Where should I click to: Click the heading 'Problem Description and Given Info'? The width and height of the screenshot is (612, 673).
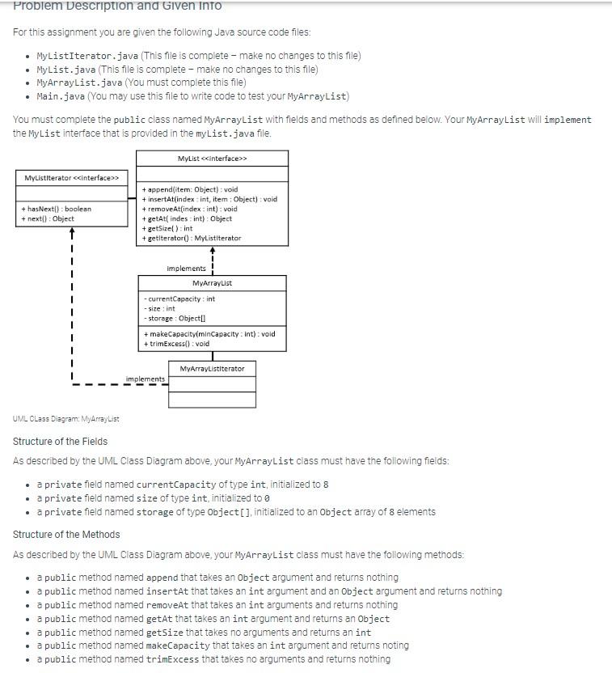point(117,6)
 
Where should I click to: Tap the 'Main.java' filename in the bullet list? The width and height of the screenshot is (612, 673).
point(61,96)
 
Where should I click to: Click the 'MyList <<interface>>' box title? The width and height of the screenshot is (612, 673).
point(213,158)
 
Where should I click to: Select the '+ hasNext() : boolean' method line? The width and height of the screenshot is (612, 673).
point(57,209)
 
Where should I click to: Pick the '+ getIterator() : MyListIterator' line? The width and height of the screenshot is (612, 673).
point(191,238)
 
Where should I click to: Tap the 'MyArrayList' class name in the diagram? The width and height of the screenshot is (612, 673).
point(212,283)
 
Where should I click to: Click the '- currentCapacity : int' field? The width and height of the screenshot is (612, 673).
point(179,298)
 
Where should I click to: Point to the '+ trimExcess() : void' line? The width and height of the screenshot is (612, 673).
point(176,343)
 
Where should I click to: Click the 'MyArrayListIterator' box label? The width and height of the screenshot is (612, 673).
point(212,368)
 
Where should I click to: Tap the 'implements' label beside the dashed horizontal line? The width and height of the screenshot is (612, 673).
point(146,379)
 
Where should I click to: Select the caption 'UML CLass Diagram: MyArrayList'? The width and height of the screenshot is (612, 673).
point(66,418)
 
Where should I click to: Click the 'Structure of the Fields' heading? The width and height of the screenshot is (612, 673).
point(60,441)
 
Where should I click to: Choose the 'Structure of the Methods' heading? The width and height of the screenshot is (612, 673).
point(66,534)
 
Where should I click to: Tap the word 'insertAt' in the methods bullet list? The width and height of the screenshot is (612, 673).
point(167,591)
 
